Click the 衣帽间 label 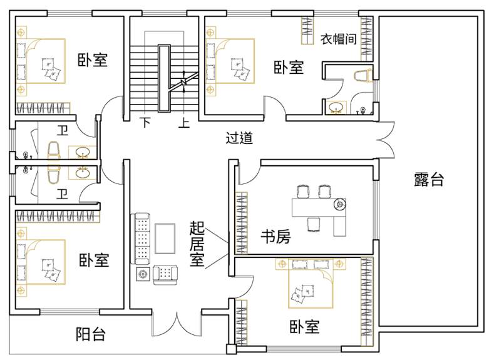coord(339,39)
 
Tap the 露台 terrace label coord(429,179)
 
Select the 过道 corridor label coord(239,138)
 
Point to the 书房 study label coord(275,236)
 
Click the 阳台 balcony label coord(90,334)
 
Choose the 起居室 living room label coord(197,244)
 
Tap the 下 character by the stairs coord(145,122)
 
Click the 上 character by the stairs coord(184,122)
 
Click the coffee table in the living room coord(165,239)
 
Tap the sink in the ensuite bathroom coord(336,108)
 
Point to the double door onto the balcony coord(177,324)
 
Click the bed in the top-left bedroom coord(41,61)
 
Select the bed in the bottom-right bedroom coord(311,284)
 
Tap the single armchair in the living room coord(165,275)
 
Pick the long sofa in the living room coord(140,239)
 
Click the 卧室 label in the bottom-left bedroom coord(94,260)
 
